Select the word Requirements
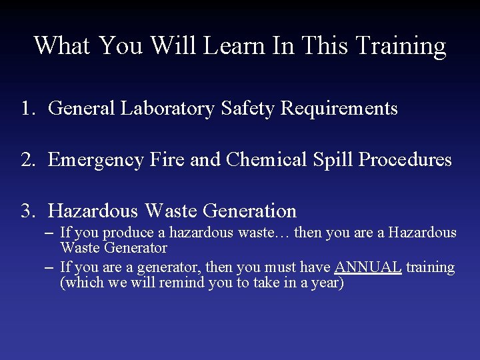tap(339, 109)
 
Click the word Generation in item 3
tap(249, 211)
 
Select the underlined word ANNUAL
tap(368, 267)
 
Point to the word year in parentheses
tap(325, 283)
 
